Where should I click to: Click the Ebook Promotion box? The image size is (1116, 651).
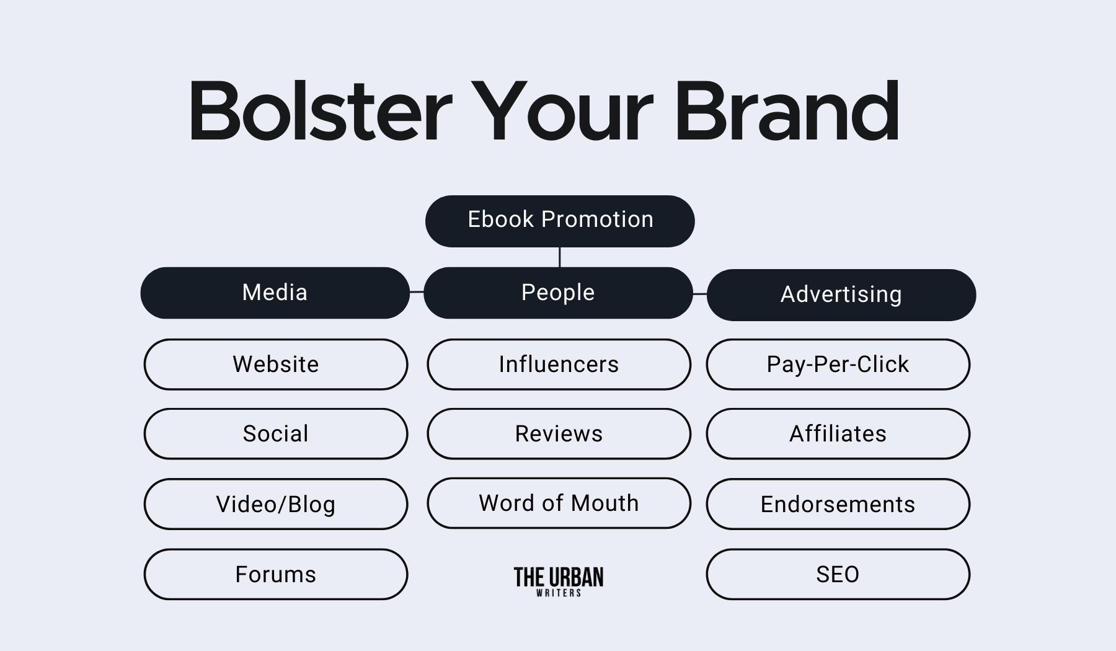pos(560,221)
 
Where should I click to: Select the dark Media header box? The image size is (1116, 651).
pos(275,293)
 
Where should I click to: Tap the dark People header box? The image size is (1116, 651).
pos(558,293)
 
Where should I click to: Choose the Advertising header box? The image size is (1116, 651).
pos(841,294)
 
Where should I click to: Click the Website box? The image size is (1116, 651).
pos(276,364)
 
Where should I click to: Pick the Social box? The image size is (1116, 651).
pos(276,433)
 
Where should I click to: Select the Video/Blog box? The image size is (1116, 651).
pos(276,503)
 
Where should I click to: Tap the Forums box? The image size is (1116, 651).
pos(276,574)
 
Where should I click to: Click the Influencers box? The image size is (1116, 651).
pos(559,364)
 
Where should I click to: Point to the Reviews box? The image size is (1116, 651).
pos(559,433)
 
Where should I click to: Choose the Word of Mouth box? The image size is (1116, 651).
pos(559,503)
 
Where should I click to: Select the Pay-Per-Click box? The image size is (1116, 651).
pos(838,364)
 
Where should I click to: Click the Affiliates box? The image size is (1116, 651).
pos(838,433)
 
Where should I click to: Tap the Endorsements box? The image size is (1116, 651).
pos(838,503)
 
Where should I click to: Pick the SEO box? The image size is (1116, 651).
pos(838,574)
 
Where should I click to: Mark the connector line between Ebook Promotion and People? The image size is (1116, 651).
pos(560,257)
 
